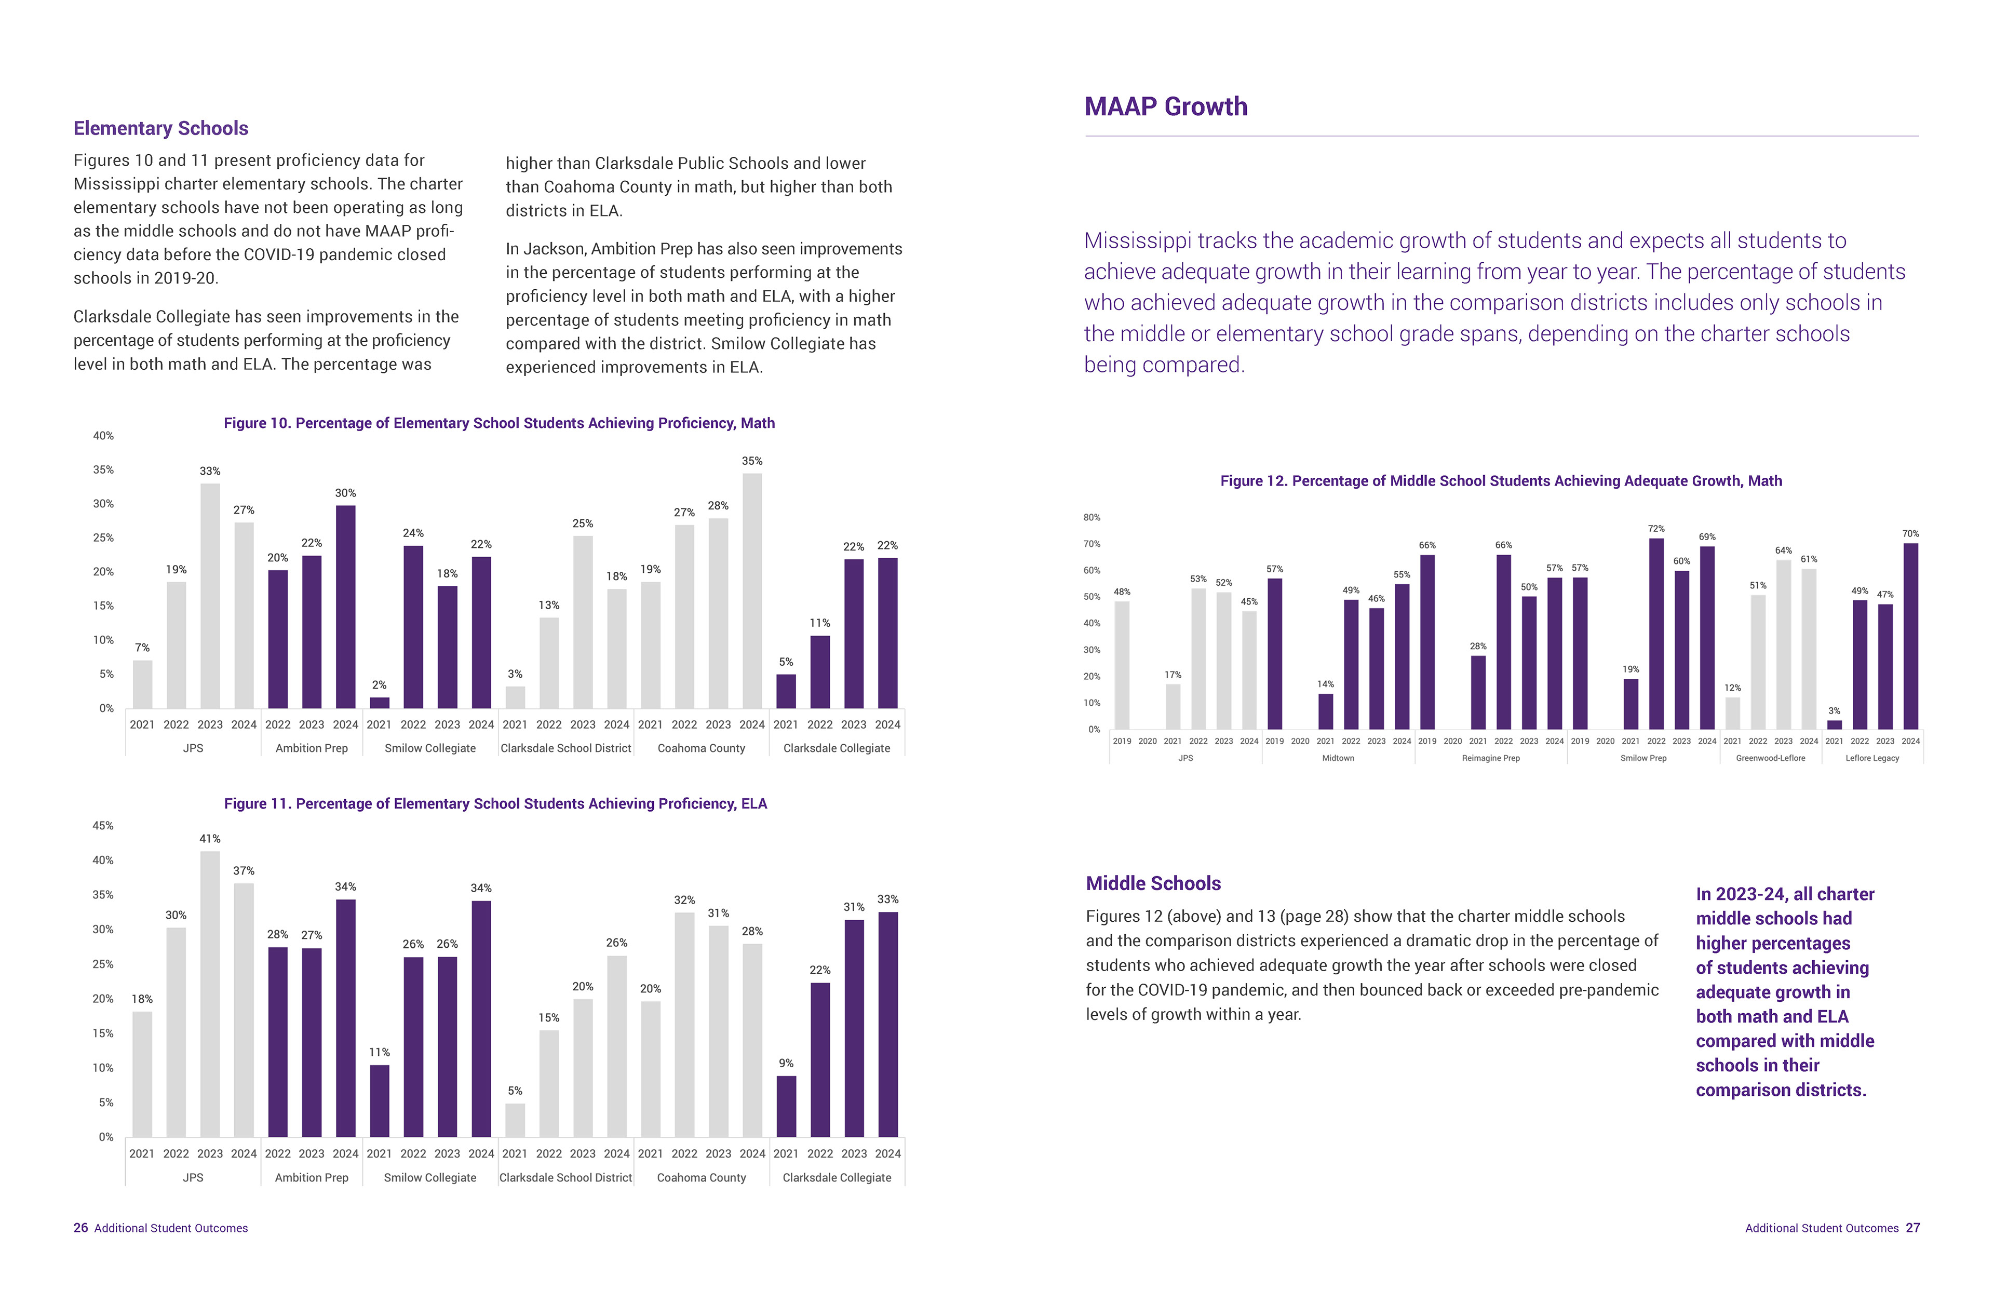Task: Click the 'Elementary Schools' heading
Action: coord(161,128)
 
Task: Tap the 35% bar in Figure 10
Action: coord(751,590)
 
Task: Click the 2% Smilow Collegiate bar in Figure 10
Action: coord(380,702)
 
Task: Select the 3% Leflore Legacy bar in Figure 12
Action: coord(1834,724)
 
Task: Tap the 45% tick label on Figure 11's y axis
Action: coord(103,826)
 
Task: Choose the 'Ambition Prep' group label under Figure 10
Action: coord(312,748)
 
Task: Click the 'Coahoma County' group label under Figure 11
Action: coord(701,1178)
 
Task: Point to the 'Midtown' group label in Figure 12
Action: coord(1338,758)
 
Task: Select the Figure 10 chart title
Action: coord(499,423)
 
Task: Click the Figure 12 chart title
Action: coord(1501,481)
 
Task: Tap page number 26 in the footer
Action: coord(80,1228)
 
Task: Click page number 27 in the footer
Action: coord(1913,1228)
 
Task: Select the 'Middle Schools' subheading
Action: coord(1153,884)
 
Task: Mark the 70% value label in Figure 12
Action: coord(1910,533)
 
